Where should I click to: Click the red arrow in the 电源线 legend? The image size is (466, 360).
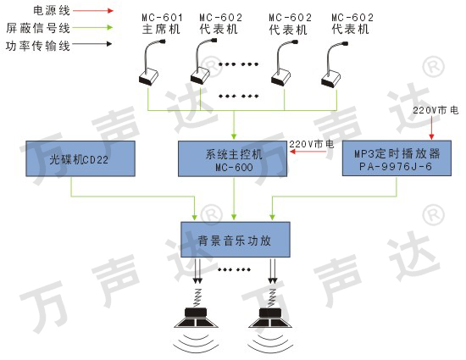[93, 11]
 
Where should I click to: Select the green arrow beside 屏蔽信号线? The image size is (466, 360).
[92, 28]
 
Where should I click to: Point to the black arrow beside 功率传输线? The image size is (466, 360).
[92, 44]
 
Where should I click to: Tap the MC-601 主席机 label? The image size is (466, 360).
[162, 24]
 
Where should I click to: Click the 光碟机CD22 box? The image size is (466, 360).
[80, 158]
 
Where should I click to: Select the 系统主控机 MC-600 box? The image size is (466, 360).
[233, 158]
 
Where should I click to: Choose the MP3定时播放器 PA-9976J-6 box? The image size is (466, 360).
[397, 158]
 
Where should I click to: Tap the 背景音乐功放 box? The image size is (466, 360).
[236, 240]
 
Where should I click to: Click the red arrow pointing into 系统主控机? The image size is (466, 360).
[308, 152]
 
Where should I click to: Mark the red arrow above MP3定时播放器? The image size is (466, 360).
[431, 128]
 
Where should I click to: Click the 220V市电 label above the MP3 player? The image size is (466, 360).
[435, 110]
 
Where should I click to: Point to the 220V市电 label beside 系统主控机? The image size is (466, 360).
[312, 144]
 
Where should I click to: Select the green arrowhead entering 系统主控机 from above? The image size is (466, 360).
[234, 136]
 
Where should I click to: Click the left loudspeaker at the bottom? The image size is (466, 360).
[197, 318]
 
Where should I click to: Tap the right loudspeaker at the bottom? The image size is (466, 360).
[270, 318]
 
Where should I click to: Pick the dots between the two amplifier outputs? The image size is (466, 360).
[234, 269]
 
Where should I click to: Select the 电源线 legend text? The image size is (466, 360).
[52, 11]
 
